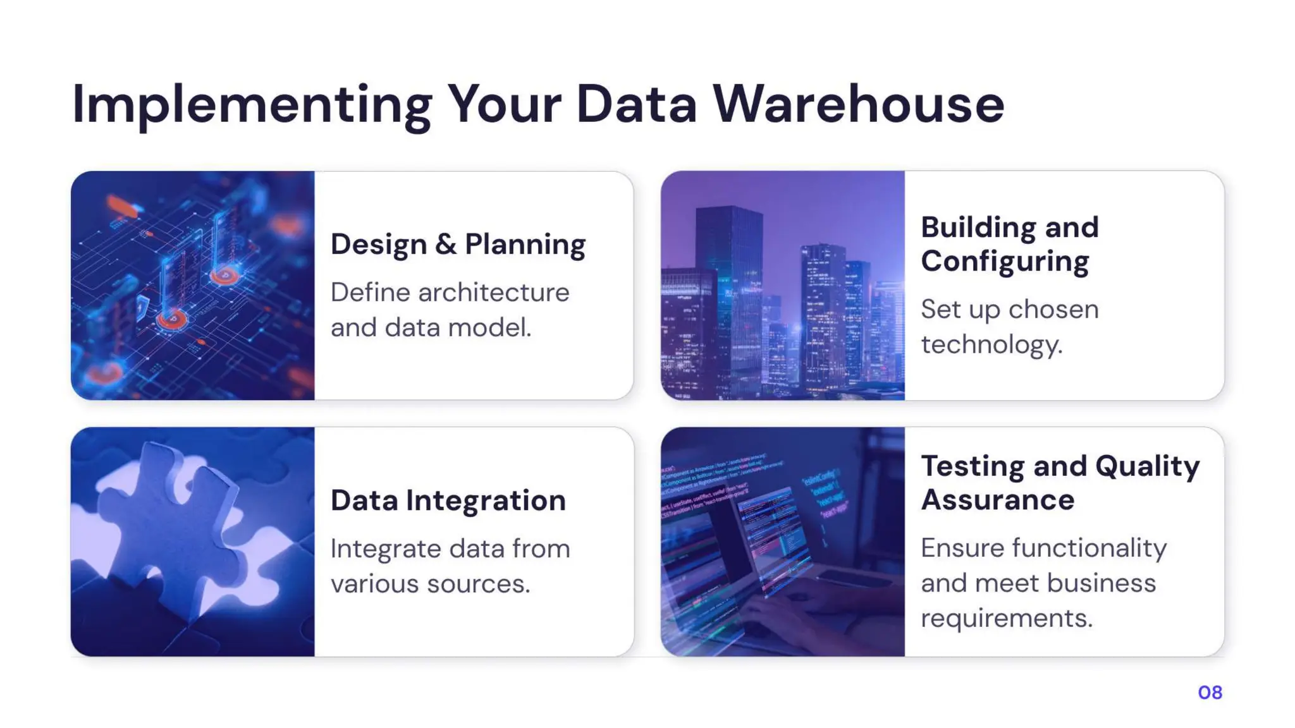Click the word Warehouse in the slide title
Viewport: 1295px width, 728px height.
coord(859,104)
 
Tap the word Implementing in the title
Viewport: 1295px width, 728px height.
coord(252,104)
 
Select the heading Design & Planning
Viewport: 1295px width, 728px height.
coord(458,245)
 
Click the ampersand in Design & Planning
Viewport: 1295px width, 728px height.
coord(445,245)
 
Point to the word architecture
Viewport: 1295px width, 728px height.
coord(493,293)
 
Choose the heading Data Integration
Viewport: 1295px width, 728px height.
coord(448,500)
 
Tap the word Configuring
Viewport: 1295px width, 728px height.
coord(1005,262)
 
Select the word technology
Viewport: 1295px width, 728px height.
coord(991,345)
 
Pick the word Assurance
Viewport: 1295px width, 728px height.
coord(997,500)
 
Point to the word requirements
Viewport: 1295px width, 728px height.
coord(1006,618)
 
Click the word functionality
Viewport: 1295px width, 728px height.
coord(1089,549)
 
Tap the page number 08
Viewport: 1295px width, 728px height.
coord(1210,693)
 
